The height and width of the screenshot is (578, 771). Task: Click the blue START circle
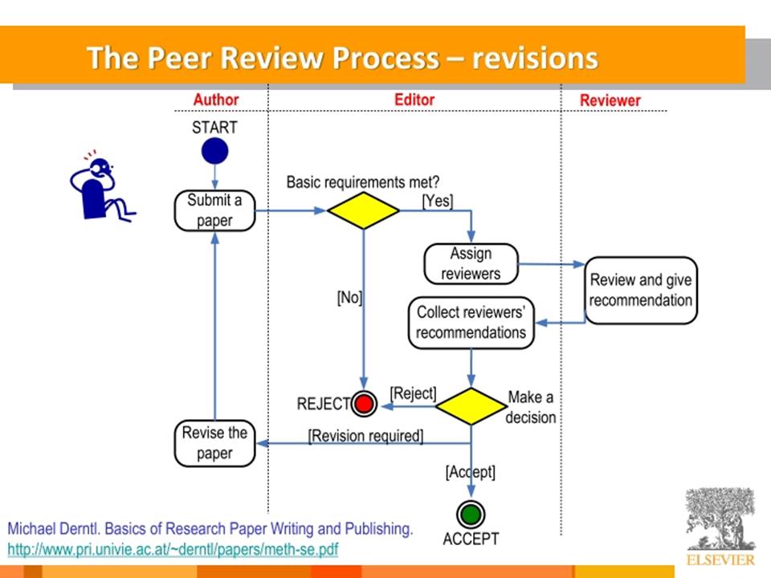(215, 151)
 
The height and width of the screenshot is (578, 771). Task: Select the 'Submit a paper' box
(215, 210)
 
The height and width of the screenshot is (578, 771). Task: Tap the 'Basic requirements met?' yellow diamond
(363, 210)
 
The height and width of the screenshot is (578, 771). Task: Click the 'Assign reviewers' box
(471, 264)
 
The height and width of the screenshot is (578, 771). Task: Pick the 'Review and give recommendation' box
(641, 290)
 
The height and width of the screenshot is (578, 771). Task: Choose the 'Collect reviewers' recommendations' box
(471, 323)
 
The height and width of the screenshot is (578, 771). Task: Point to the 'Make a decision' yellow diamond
(471, 406)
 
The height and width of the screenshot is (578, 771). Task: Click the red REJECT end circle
(364, 404)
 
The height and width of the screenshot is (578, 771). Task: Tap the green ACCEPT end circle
(471, 515)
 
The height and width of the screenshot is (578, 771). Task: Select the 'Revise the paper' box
(215, 443)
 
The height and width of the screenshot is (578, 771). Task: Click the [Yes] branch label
(438, 201)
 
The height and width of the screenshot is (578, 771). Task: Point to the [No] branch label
(349, 297)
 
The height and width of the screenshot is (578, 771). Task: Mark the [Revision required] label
(366, 436)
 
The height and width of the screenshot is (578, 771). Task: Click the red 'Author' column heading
(216, 100)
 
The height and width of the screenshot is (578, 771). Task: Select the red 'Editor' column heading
(414, 100)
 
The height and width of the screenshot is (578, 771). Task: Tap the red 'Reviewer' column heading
(610, 100)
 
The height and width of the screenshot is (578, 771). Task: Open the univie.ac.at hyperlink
(173, 549)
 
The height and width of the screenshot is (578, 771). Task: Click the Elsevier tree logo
(720, 519)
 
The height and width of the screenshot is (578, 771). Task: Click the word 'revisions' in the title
(535, 58)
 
